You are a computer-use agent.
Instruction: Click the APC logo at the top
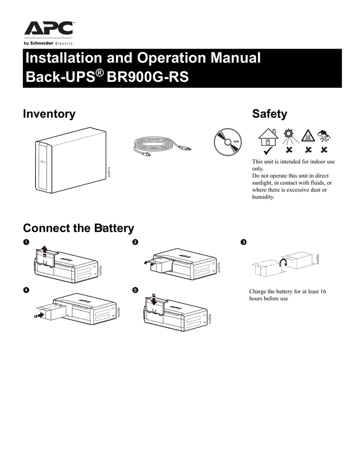(48, 30)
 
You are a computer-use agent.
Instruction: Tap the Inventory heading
(49, 114)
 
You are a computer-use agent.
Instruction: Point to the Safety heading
(269, 114)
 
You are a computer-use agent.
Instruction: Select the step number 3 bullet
(243, 242)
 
